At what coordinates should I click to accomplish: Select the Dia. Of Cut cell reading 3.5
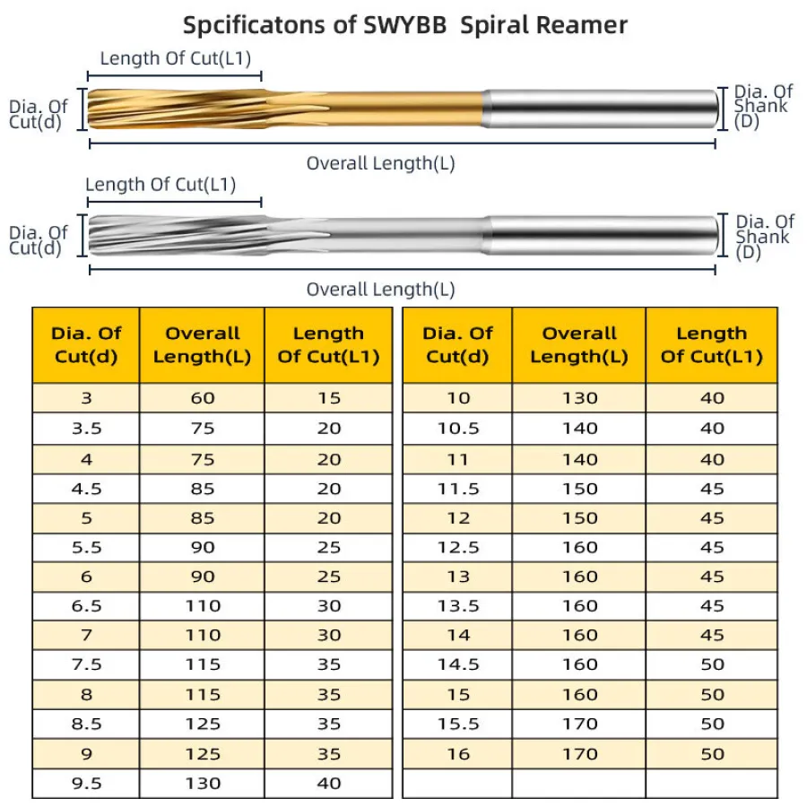pos(86,428)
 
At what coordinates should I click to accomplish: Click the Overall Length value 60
pos(203,398)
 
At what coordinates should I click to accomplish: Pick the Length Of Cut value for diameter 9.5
pos(329,783)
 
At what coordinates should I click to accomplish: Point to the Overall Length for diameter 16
pos(579,753)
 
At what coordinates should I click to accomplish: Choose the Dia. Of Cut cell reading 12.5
pos(458,547)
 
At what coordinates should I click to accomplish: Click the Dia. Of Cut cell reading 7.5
pos(86,664)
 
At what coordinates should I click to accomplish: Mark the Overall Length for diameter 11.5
pos(579,489)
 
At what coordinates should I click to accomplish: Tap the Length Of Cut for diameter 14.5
pos(712,664)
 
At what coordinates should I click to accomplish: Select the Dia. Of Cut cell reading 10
pos(458,398)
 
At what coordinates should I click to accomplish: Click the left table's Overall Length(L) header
pos(203,345)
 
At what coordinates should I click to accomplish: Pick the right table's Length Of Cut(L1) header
pos(712,345)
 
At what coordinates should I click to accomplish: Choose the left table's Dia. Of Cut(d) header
pos(86,345)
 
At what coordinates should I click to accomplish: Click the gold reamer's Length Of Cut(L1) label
pos(175,59)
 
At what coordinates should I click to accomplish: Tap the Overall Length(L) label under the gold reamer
pos(380,163)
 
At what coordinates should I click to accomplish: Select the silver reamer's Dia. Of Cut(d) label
pos(38,241)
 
